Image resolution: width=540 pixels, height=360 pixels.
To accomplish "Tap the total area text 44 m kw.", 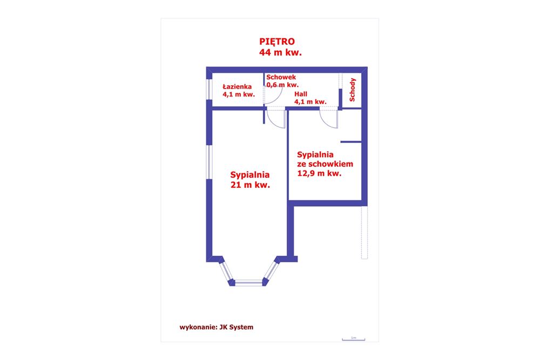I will point(280,52).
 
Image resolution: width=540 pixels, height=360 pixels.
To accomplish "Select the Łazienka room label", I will point(238,86).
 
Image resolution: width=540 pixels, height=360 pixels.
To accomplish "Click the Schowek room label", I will point(281,78).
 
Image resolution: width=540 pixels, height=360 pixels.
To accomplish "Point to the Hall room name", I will point(300,94).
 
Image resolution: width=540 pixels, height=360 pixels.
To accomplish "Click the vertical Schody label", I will point(353,90).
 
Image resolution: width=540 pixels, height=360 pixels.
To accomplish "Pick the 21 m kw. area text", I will point(250,185).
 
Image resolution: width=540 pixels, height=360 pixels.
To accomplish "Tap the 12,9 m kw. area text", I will point(320,174).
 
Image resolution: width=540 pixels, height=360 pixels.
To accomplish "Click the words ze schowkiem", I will point(325,164).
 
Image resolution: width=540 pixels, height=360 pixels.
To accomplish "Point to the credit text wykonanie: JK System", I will point(216,327).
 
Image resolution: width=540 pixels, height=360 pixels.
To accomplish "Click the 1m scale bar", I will point(353,339).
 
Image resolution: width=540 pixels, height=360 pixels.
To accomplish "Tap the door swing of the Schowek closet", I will point(273,96).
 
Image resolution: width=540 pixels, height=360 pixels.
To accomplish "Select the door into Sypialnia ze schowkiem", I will point(329,118).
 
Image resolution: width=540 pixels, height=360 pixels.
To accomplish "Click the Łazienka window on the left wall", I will point(209,90).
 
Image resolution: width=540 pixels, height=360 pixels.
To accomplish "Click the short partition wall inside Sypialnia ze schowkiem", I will point(350,142).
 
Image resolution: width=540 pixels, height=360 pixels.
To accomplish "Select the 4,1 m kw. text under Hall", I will point(310,101).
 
